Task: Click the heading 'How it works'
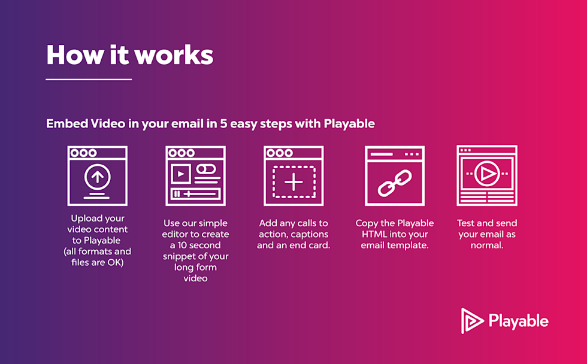pyautogui.click(x=129, y=55)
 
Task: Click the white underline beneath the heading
pyautogui.click(x=89, y=79)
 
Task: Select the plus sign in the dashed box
pyautogui.click(x=293, y=181)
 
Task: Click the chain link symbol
pyautogui.click(x=395, y=183)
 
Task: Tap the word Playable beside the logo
pyautogui.click(x=518, y=321)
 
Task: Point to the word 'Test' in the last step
pyautogui.click(x=468, y=223)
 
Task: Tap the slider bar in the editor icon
pyautogui.click(x=196, y=193)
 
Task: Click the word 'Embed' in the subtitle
pyautogui.click(x=67, y=124)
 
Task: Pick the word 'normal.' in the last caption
pyautogui.click(x=486, y=245)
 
